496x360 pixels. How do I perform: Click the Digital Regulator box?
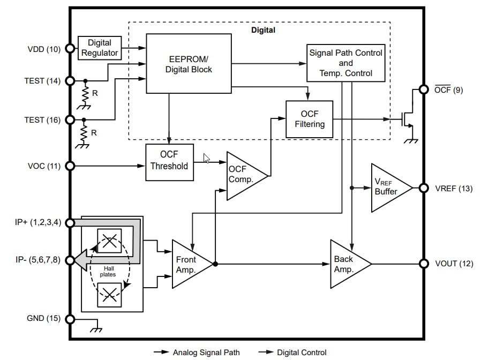(100, 48)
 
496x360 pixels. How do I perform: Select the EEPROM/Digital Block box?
(189, 64)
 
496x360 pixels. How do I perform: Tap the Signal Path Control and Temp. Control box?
(346, 63)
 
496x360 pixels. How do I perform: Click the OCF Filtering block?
(309, 119)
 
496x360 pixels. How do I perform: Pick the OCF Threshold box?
(169, 161)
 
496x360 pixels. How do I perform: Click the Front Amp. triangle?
(189, 264)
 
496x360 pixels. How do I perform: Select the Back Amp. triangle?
(346, 264)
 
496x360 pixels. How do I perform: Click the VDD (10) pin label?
(43, 49)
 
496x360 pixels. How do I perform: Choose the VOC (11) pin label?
(44, 166)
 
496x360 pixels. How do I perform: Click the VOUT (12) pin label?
(453, 264)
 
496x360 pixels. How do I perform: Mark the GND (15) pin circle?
(70, 319)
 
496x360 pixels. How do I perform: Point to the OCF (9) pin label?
(449, 90)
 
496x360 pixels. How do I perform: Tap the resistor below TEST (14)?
(85, 95)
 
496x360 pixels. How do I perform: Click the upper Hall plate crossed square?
(109, 241)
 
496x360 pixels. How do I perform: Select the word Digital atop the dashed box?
(263, 30)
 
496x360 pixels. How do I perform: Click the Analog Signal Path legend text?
(206, 352)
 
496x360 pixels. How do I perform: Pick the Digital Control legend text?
(302, 352)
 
